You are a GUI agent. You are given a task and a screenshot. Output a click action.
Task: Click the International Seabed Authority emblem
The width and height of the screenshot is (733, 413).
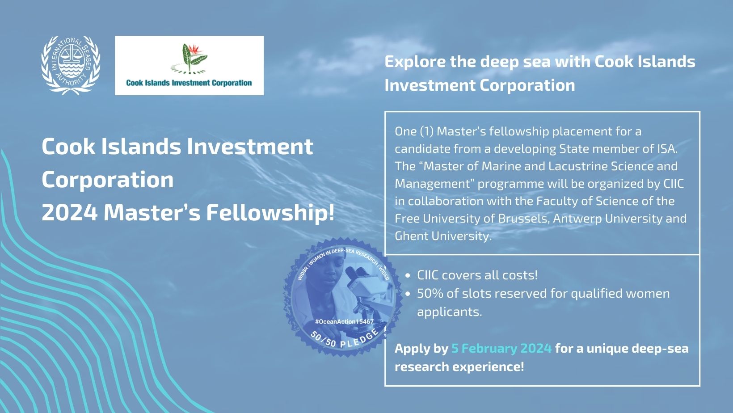[71, 65]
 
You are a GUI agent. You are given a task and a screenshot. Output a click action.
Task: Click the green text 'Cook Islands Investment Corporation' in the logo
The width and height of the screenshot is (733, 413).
[189, 83]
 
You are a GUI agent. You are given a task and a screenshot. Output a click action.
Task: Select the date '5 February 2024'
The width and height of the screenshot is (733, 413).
[501, 348]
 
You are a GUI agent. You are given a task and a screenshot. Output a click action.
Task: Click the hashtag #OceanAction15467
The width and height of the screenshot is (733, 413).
[344, 322]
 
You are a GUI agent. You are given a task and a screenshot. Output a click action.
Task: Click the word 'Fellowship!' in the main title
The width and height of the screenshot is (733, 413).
[270, 213]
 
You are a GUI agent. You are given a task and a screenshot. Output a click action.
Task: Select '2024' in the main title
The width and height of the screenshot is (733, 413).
[70, 213]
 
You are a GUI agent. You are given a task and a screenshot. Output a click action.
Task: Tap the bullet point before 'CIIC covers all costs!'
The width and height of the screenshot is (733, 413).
[408, 275]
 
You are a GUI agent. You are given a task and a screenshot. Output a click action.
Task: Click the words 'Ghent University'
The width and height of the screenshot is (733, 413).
[442, 236]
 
